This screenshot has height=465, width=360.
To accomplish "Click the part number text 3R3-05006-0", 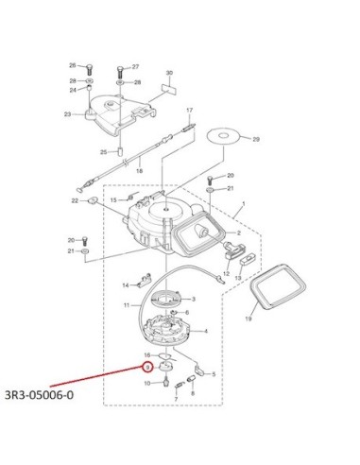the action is pos(39,395).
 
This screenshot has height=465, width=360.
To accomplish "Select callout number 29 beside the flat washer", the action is pos(256,139).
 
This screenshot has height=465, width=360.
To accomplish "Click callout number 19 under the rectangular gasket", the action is pos(249,319).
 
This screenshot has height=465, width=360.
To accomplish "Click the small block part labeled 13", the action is pos(248,259).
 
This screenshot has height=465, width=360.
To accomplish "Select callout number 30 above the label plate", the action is pos(169,73).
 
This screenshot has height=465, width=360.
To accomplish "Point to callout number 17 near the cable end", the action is pos(189,111).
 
